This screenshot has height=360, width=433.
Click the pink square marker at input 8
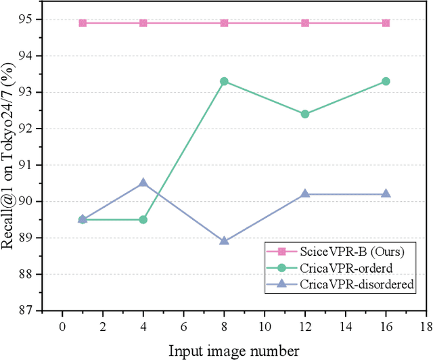[x=224, y=23]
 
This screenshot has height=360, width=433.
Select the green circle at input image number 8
[x=224, y=81]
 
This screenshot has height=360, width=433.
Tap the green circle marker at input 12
[x=305, y=114]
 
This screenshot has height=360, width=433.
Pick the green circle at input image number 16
[x=386, y=81]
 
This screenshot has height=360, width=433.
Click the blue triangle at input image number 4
[x=143, y=183]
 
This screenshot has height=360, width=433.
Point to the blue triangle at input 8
[x=224, y=241]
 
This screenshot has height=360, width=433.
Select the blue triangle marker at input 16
[x=386, y=194]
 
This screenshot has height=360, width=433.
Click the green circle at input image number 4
[x=143, y=219]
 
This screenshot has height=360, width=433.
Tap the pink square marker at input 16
[x=386, y=23]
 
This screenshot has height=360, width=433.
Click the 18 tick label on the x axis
[x=426, y=325]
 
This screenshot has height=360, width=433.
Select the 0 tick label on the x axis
[x=62, y=325]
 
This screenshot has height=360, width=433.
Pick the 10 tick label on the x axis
[x=264, y=325]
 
